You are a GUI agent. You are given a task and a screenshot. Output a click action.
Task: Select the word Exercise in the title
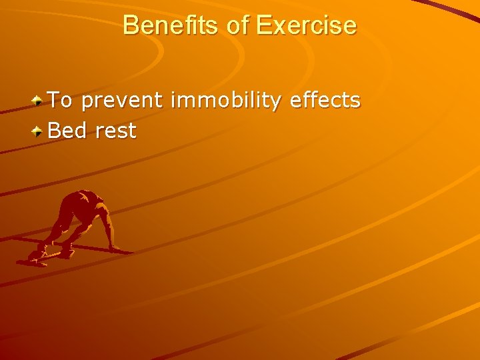click(x=306, y=25)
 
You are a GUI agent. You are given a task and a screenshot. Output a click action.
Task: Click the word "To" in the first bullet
click(x=61, y=101)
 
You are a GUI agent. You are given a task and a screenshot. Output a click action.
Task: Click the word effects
click(x=325, y=101)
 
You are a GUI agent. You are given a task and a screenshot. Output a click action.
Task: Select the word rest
click(x=116, y=131)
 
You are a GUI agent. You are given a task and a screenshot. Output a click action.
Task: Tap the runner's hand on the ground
click(x=114, y=248)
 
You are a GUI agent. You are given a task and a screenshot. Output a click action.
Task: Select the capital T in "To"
click(x=55, y=101)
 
